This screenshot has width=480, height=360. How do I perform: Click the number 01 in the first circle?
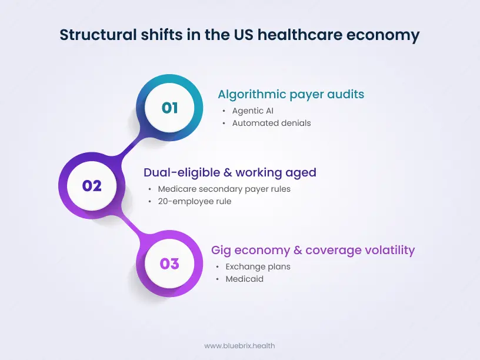pyautogui.click(x=169, y=108)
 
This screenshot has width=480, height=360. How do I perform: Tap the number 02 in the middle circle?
pyautogui.click(x=92, y=186)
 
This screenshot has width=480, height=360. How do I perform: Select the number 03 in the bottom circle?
pyautogui.click(x=169, y=263)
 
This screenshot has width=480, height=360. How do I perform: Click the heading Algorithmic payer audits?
pyautogui.click(x=291, y=94)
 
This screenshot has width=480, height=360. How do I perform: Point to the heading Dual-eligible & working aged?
pyautogui.click(x=230, y=172)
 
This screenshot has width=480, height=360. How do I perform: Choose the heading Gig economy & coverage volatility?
pyautogui.click(x=313, y=250)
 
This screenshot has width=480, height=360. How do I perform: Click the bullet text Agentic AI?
pyautogui.click(x=253, y=111)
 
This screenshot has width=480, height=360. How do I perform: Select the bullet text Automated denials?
pyautogui.click(x=271, y=123)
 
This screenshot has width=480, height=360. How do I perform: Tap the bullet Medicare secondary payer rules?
pyautogui.click(x=224, y=189)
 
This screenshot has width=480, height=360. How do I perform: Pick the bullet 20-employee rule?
pyautogui.click(x=195, y=201)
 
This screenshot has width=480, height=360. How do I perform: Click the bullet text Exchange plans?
pyautogui.click(x=258, y=266)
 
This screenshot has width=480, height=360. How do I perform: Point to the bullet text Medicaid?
pyautogui.click(x=244, y=279)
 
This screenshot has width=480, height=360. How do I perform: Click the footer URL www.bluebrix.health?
pyautogui.click(x=239, y=346)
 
